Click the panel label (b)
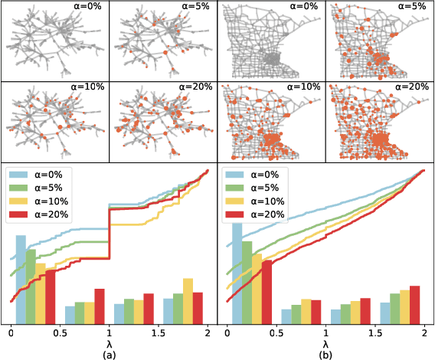pos(325,355)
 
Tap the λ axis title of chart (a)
pos(110,344)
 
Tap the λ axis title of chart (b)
pos(325,344)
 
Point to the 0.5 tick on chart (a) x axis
pos(60,334)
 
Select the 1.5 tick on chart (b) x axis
pos(375,334)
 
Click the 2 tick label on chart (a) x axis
pos(208,334)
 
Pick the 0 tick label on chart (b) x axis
pos(228,334)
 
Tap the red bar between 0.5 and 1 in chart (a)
pos(99,306)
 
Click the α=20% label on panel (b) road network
pos(413,87)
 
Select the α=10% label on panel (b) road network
pos(305,87)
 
